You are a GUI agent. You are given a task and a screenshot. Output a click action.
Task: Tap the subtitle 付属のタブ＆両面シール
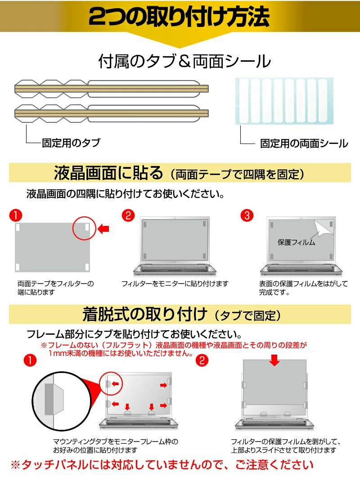point(184,62)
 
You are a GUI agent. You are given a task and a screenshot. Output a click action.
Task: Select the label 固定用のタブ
point(71,143)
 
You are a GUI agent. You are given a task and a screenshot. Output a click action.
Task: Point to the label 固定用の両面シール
point(304,144)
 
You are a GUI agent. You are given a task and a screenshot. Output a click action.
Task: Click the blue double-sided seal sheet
point(285,100)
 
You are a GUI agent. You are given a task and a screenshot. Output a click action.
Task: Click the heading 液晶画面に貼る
point(108,172)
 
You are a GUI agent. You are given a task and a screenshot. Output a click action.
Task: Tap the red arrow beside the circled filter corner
point(104,229)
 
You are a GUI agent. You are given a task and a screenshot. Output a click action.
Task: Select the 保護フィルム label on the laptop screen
point(296,242)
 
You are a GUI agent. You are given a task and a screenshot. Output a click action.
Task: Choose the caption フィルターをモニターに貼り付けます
point(175,284)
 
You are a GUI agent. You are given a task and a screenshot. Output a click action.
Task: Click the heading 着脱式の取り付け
point(145,313)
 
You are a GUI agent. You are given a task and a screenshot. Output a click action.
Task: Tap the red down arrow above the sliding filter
point(275,360)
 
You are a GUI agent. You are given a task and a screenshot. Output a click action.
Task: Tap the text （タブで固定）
point(248,314)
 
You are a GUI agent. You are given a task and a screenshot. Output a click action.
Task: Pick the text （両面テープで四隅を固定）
point(238,173)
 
